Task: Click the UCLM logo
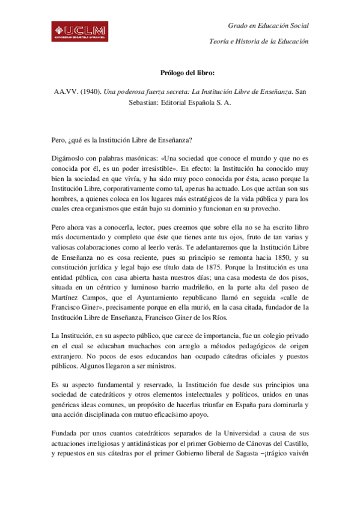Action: click(79, 31)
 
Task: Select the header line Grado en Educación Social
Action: click(268, 26)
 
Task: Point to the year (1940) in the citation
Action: click(90, 93)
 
